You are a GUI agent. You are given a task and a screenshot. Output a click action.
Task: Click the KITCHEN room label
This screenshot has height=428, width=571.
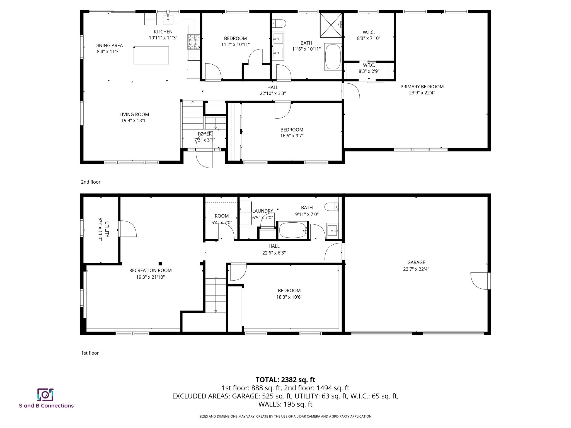coord(163,32)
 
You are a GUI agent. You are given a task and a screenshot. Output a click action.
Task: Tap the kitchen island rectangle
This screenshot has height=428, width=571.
coord(151,55)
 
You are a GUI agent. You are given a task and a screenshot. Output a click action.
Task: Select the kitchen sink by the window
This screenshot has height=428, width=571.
coord(168,20)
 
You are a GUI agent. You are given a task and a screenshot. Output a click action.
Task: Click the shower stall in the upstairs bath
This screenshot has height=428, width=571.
coord(331,25)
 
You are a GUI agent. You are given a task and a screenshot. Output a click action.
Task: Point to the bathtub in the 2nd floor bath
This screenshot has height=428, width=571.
coord(333,57)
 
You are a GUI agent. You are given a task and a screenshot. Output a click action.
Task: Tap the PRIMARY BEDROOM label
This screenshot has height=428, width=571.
coord(422,87)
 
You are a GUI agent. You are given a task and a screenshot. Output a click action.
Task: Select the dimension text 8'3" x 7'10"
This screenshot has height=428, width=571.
coord(369,38)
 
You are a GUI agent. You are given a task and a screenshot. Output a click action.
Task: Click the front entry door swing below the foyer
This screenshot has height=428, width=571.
coord(205,159)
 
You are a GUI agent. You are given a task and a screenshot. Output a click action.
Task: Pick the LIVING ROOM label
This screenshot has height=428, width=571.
coord(134,115)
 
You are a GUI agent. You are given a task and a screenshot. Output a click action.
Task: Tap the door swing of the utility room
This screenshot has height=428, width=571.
coord(127,229)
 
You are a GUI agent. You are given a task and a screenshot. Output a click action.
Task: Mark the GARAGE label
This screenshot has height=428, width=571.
coord(416,262)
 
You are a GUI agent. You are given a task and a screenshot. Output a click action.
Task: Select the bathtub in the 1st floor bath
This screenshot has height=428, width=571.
coord(292,230)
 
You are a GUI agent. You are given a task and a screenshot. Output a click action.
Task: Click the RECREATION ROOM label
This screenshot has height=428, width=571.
coord(150,270)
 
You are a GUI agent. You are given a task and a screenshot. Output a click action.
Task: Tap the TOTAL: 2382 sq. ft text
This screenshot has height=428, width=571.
coord(285,380)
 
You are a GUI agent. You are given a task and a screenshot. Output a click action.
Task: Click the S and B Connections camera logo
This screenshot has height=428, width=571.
coord(45,395)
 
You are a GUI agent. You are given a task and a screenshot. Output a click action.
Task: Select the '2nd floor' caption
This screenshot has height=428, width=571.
coord(91,182)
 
